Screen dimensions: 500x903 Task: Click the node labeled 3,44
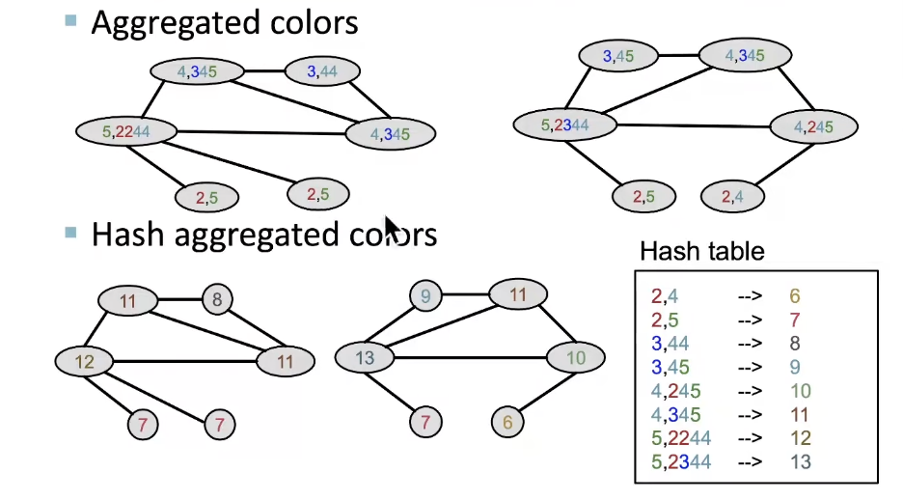click(322, 70)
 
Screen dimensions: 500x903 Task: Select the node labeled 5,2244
click(126, 130)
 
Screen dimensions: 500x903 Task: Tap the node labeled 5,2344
click(564, 124)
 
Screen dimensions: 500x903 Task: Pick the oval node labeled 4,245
click(813, 126)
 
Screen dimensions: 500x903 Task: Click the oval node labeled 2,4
click(732, 197)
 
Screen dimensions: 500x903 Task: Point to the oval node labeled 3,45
click(618, 56)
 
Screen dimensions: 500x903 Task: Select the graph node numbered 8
click(217, 300)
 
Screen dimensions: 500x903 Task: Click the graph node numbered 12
click(85, 362)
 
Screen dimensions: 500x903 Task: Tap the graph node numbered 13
click(365, 358)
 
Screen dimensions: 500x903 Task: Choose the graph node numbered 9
click(425, 296)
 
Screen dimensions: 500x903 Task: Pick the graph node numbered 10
click(575, 358)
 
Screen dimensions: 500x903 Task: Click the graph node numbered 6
click(507, 422)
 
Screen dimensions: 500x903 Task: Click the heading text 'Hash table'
click(701, 253)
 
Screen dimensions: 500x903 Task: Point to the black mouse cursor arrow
click(391, 229)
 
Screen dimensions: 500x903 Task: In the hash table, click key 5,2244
click(681, 438)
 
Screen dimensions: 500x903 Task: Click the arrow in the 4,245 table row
click(749, 391)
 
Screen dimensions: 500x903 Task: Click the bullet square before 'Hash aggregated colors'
click(70, 233)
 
